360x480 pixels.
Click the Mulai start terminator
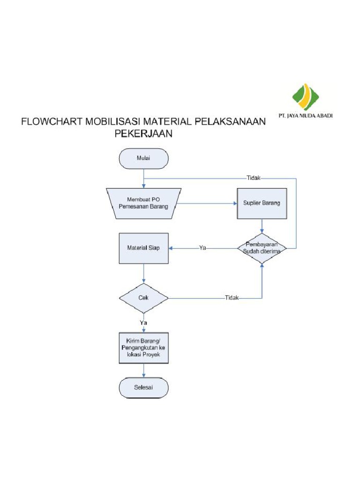143,158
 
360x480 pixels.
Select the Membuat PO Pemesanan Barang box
143,203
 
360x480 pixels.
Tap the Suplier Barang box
262,203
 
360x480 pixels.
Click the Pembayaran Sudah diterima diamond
262,247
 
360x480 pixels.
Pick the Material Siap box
143,247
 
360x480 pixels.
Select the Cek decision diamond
143,298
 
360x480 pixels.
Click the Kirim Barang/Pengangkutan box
143,347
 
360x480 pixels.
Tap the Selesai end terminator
143,388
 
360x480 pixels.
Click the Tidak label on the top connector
254,178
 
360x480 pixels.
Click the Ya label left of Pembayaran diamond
202,248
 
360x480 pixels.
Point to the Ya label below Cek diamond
143,322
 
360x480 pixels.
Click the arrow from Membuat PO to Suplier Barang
206,203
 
